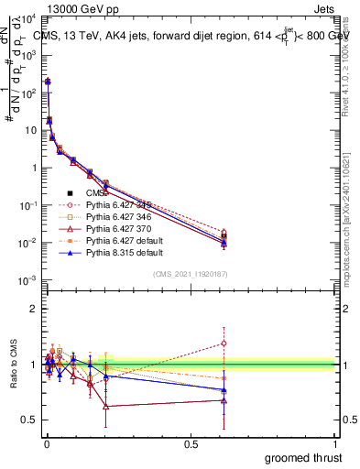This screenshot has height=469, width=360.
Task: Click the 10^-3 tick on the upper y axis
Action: [x=27, y=279]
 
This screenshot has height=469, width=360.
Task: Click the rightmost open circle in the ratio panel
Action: [x=225, y=344]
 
